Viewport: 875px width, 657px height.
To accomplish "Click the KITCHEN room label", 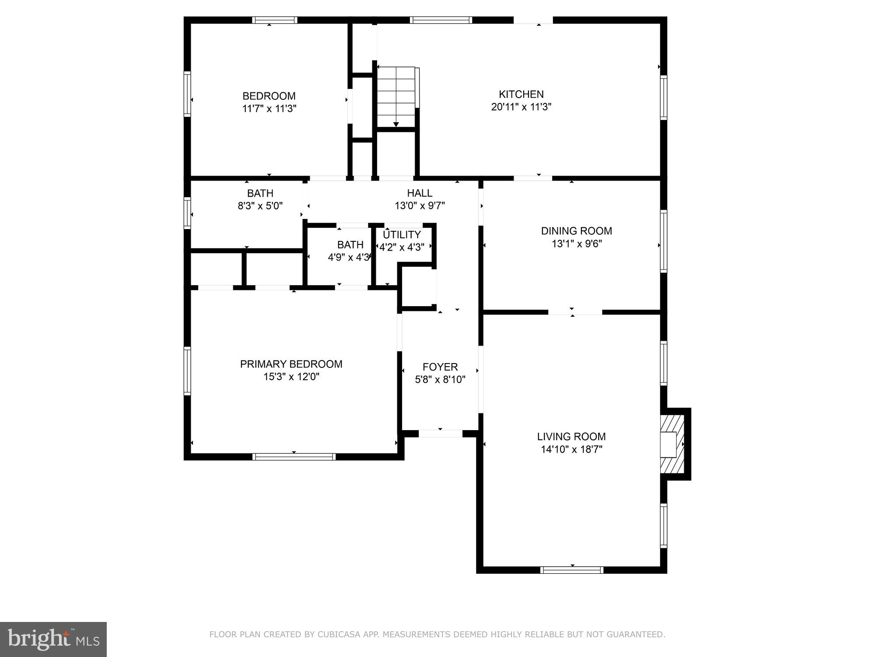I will (521, 94).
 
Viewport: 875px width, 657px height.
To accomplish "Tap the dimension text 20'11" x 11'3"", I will (521, 107).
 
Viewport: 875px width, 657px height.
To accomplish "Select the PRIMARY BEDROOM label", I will (291, 364).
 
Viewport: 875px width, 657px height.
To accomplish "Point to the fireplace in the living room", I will (672, 444).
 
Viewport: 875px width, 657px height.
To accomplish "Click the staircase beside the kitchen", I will (396, 96).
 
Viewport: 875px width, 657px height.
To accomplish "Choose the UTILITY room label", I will (402, 235).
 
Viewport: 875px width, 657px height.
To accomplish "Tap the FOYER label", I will (440, 367).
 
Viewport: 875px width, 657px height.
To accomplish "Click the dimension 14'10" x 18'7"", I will (571, 449).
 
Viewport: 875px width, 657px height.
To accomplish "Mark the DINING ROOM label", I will (576, 231).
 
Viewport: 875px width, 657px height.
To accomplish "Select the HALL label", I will (420, 193).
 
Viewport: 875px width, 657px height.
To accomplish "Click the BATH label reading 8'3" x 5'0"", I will (260, 193).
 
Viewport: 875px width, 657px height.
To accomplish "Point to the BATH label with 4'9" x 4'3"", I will (350, 245).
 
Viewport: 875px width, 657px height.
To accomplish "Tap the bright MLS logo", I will (53, 639).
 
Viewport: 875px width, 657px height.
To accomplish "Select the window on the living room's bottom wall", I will (571, 570).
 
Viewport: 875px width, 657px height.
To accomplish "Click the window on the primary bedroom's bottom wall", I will (294, 457).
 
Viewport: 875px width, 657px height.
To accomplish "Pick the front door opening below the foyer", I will (441, 434).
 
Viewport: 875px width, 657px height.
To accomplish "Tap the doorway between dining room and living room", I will (575, 312).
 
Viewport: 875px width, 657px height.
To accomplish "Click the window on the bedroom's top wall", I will (275, 20).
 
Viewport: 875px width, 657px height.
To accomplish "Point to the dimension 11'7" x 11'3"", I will (269, 109).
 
